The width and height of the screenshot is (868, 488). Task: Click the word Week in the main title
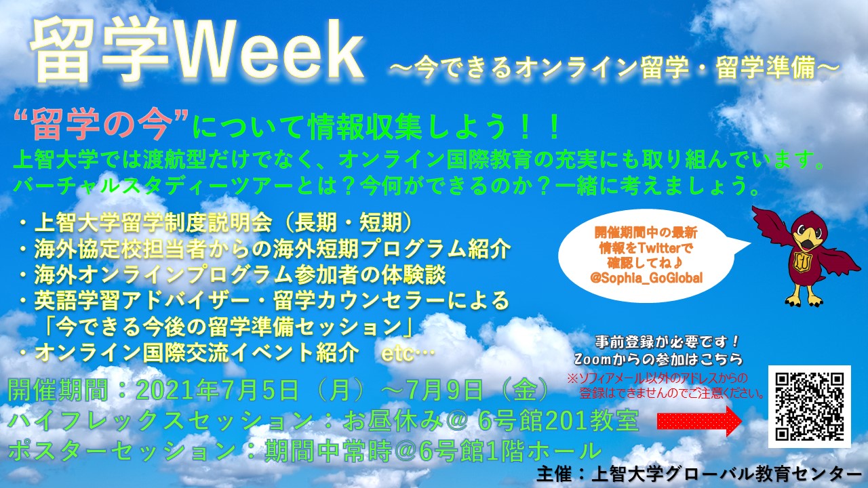(x=269, y=49)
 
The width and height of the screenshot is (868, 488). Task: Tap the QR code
(x=810, y=406)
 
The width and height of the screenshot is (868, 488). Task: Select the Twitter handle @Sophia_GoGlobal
(x=646, y=278)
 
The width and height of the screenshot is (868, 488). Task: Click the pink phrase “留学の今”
(x=101, y=126)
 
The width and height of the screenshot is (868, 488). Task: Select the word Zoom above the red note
(x=593, y=359)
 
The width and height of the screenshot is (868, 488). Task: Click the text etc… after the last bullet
(x=408, y=354)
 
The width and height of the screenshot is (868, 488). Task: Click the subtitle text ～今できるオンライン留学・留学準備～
(x=614, y=68)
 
